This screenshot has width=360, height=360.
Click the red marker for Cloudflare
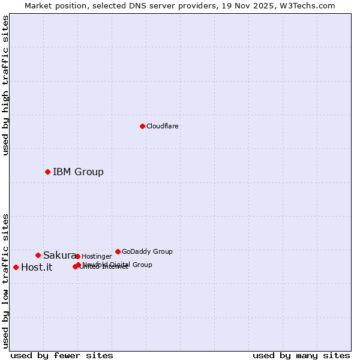pos(142,126)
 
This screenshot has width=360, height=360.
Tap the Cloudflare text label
pos(162,127)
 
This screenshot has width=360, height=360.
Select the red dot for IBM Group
pos(47,172)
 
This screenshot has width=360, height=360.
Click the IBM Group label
pos(78,172)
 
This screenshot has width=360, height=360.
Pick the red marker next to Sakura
pos(38,255)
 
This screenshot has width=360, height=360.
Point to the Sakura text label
pos(59,256)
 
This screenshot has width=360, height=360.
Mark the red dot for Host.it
pos(16,267)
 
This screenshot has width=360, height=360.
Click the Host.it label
pos(37,268)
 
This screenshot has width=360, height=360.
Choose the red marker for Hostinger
pos(77,256)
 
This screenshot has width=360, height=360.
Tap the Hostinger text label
pos(97,257)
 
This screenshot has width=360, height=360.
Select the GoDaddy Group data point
pos(118,251)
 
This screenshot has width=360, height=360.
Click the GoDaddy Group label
pos(147,252)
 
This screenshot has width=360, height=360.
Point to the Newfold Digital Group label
pos(118,265)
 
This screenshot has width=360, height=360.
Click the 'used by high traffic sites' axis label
pos(6,85)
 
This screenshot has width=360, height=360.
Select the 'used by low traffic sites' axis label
pos(6,281)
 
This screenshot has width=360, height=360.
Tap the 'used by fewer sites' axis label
pos(62,356)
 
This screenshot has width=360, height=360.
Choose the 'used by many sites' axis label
pos(301,356)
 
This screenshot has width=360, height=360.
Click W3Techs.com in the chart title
pos(308,5)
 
